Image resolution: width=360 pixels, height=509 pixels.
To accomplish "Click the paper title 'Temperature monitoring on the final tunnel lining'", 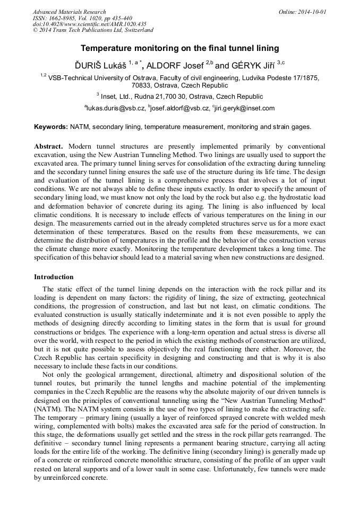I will click(179, 48).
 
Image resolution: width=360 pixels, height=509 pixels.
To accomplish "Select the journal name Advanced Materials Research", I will click(69, 12).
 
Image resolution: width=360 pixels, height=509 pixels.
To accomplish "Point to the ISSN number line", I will click(82, 18).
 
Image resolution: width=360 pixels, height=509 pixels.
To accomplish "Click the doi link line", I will click(89, 24).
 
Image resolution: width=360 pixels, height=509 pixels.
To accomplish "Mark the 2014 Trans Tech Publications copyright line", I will click(93, 30).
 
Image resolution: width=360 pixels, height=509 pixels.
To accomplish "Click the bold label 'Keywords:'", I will click(51, 127).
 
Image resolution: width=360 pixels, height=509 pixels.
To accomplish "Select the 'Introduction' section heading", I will click(54, 277).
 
